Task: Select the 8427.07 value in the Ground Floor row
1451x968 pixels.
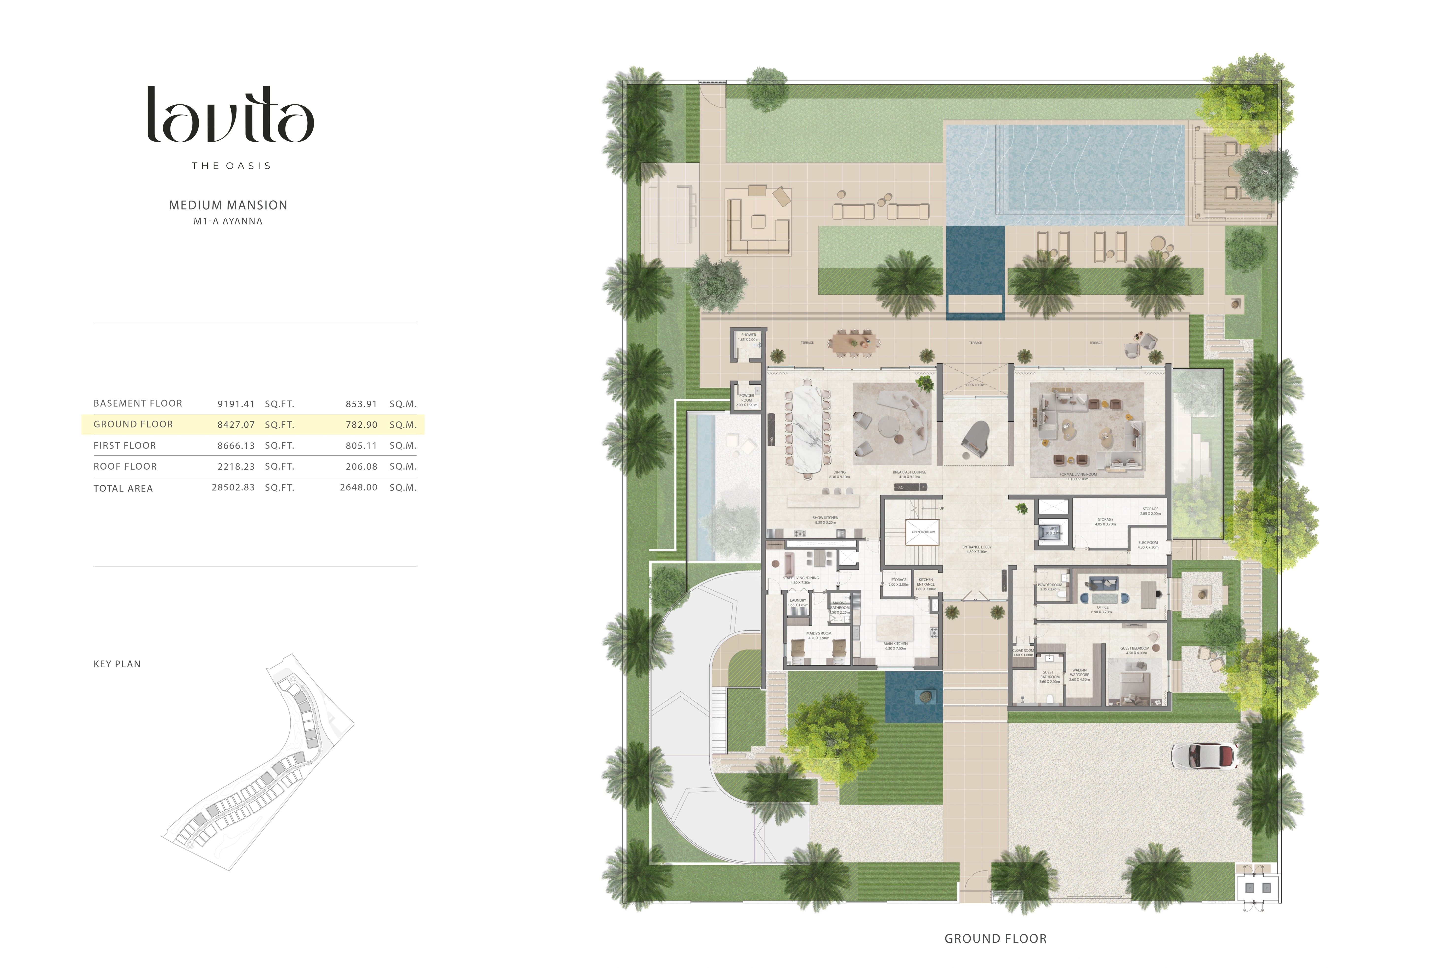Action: [x=236, y=425]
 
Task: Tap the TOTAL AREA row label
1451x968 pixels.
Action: [x=123, y=488]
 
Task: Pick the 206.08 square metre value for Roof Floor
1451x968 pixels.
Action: [x=361, y=467]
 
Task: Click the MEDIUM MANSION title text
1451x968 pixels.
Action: [x=228, y=205]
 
